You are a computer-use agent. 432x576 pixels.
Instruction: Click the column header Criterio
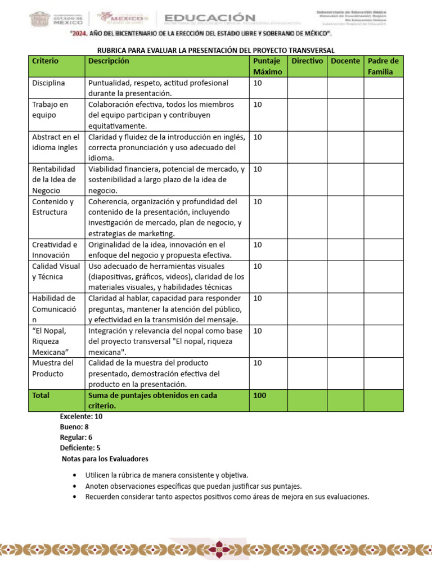coord(46,61)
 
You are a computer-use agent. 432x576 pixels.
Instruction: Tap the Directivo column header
coord(307,61)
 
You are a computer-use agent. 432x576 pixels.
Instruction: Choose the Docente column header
coord(345,61)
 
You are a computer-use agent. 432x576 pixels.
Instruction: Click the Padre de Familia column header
coord(383,66)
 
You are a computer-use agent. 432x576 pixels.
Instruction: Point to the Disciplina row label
coord(49,83)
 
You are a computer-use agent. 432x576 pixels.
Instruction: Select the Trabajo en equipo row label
coord(50,110)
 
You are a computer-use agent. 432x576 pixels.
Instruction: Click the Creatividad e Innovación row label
coord(55,250)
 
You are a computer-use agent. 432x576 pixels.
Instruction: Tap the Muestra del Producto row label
coord(53,368)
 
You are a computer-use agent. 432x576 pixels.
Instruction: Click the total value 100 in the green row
coord(260,395)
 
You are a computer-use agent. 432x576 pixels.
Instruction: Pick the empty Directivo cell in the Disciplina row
coord(307,88)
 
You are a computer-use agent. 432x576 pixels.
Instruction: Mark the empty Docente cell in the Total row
coord(345,400)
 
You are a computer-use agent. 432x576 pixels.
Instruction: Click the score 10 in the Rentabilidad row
coord(258,169)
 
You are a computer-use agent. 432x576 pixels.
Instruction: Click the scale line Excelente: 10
coord(82,417)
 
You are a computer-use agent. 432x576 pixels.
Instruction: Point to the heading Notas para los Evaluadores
coord(105,459)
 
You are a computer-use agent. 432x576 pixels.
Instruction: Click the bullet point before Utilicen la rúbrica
coord(75,476)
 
